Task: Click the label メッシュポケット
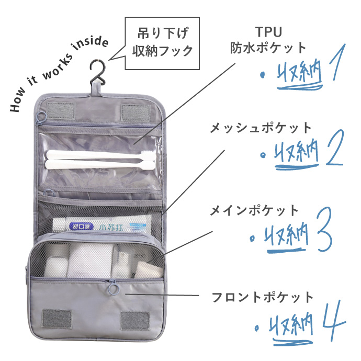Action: pos(261,127)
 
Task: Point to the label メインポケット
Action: pos(254,211)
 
